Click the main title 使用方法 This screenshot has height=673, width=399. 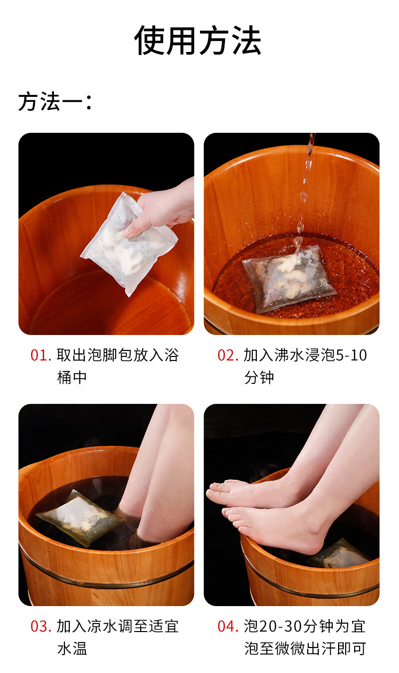tap(198, 40)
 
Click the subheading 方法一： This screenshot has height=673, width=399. tap(55, 101)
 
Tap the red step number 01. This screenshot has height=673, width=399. tap(41, 355)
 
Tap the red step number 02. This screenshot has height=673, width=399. tap(228, 355)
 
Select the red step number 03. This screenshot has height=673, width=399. tap(41, 627)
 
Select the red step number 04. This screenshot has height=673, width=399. tap(228, 627)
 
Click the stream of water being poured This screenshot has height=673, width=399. tap(305, 192)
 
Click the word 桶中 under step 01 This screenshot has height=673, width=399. tap(72, 377)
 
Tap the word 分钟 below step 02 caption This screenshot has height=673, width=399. tap(259, 377)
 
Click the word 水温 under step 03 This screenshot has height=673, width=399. tap(72, 649)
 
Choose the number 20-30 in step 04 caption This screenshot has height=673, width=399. tap(281, 627)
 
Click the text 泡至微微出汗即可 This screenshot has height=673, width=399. tap(305, 649)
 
